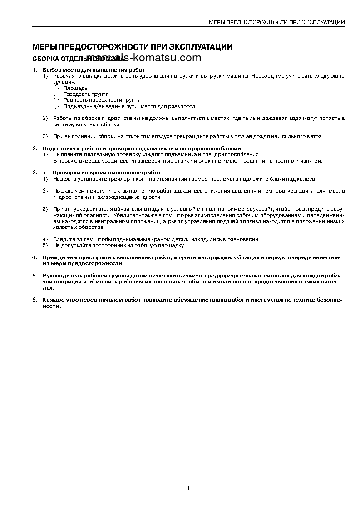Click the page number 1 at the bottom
coord(188,489)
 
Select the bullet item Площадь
coord(75,88)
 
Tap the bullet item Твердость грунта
coord(86,94)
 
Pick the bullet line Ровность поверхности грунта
coord(102,100)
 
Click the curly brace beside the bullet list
coord(55,97)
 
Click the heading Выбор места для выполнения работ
coord(94,70)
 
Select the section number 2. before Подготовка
coord(35,149)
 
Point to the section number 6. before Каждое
coord(35,300)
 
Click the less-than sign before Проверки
coord(44,173)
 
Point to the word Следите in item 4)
coord(63,239)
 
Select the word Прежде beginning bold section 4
coord(53,257)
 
